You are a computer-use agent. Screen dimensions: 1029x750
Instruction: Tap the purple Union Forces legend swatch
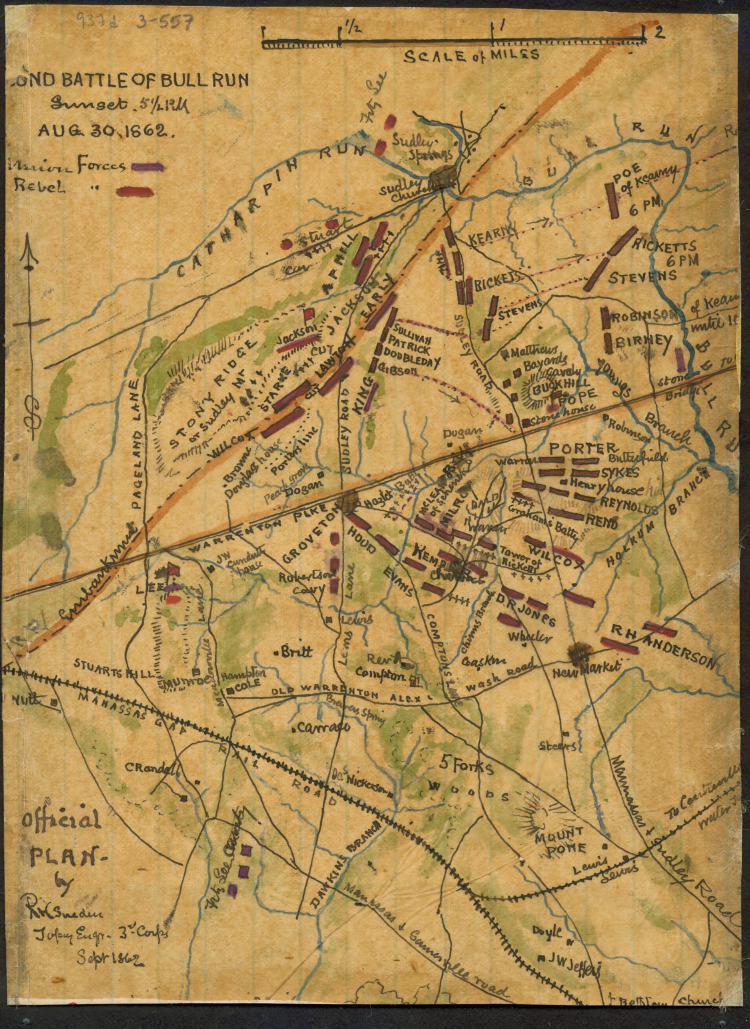click(x=148, y=167)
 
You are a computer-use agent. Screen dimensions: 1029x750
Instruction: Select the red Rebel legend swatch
click(x=135, y=192)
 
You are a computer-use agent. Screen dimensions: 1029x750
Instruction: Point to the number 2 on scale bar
click(x=659, y=33)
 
